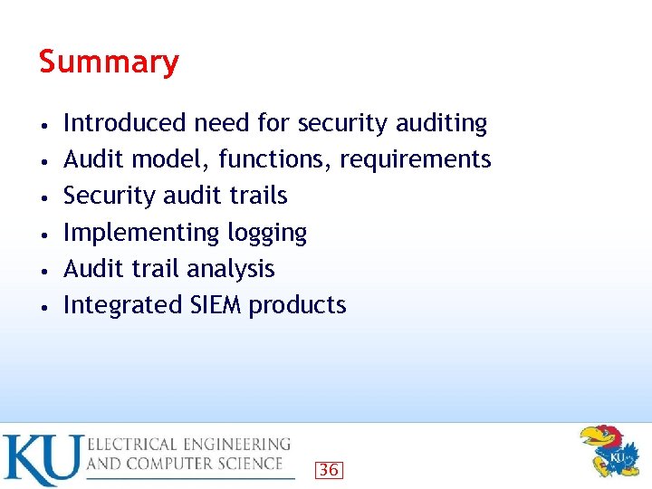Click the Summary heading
tap(109, 62)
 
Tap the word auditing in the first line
tap(443, 123)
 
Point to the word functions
tap(275, 159)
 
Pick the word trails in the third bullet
tap(258, 196)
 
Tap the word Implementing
tap(141, 233)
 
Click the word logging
tap(267, 234)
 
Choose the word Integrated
tap(123, 305)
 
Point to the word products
tap(297, 306)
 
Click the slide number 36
tap(329, 469)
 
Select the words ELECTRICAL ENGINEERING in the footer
tap(189, 445)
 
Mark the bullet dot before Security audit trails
tap(44, 197)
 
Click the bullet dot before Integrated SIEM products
tap(44, 306)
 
